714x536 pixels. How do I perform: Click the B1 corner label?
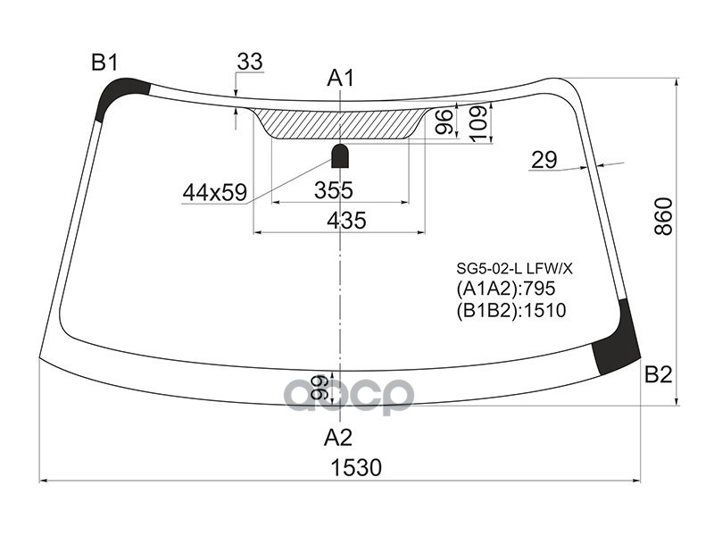[104, 63]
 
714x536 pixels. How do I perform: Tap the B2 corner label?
[658, 375]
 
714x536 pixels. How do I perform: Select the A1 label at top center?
[340, 79]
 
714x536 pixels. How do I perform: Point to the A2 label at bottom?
[338, 438]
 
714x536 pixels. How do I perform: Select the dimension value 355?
[334, 189]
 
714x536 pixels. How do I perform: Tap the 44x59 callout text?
[214, 191]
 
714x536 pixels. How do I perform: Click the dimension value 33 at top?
[250, 62]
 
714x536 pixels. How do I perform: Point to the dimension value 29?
[544, 160]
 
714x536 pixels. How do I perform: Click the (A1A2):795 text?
[505, 289]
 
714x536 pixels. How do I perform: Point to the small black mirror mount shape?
[340, 156]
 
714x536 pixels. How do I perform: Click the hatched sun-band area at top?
[339, 124]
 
